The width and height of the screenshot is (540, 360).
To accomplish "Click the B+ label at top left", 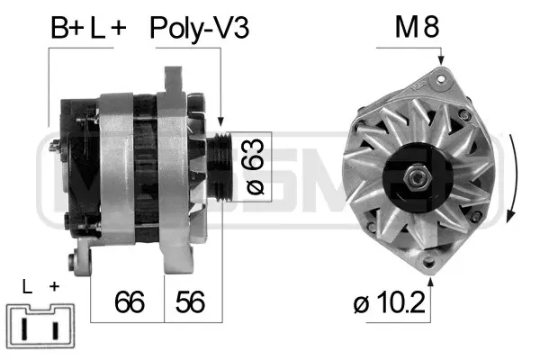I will pyautogui.click(x=65, y=29).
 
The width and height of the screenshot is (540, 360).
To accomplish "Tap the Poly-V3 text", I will pyautogui.click(x=198, y=29).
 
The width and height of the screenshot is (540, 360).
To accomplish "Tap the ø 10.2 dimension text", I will pyautogui.click(x=390, y=301).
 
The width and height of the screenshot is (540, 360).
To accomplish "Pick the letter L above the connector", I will pyautogui.click(x=27, y=287).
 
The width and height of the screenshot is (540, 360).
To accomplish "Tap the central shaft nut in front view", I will pyautogui.click(x=418, y=175).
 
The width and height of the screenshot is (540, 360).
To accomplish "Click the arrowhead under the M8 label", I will pyautogui.click(x=441, y=59).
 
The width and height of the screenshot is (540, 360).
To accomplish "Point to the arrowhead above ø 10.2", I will pyautogui.click(x=431, y=281).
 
